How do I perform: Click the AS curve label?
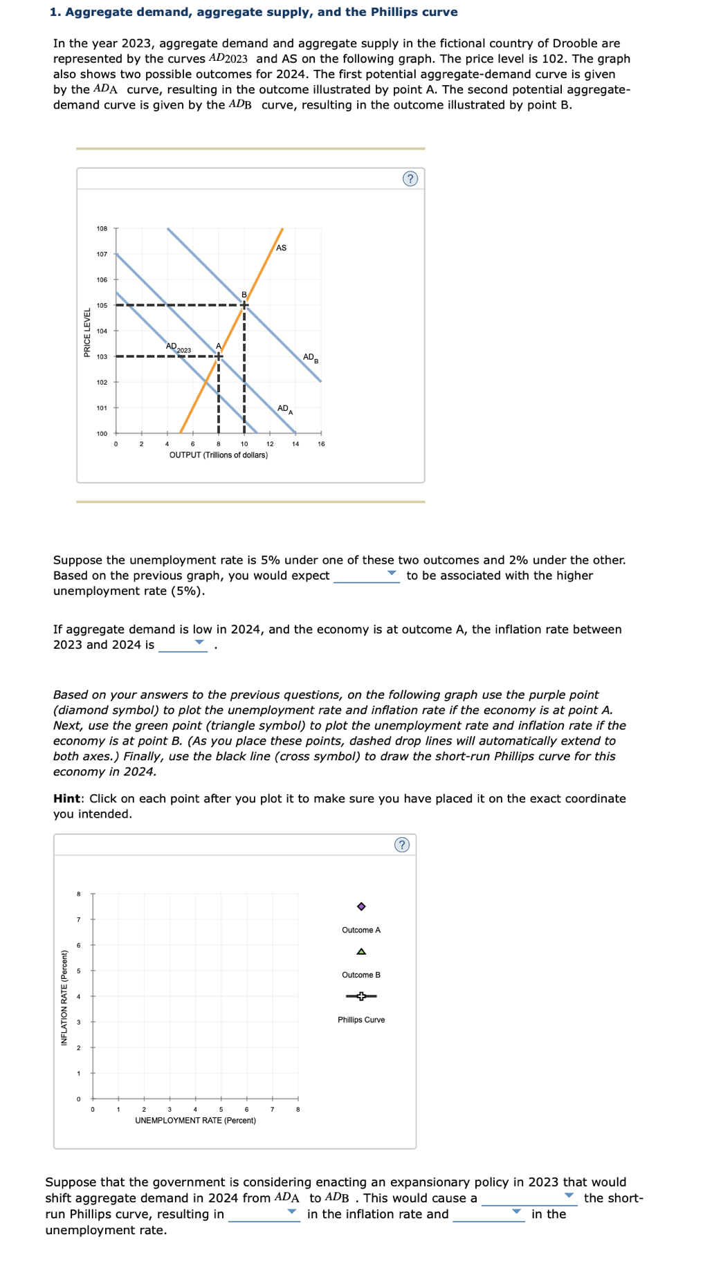[281, 248]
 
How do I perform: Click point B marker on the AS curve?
[244, 305]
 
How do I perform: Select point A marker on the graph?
[219, 356]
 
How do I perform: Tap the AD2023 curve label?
[178, 347]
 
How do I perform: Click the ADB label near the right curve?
[310, 358]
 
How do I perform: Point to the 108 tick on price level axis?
[102, 228]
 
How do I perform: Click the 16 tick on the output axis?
[321, 444]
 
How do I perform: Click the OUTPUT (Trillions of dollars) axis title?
[219, 455]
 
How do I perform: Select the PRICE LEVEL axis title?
[87, 333]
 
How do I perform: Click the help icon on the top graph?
[410, 179]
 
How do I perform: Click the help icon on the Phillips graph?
[401, 845]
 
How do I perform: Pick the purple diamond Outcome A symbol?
[361, 906]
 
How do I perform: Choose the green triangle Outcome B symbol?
[361, 951]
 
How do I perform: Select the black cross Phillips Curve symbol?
[361, 996]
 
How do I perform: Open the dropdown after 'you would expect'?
[366, 575]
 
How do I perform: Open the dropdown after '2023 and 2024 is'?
[183, 644]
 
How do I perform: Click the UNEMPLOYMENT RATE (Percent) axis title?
[195, 1120]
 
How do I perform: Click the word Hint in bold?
[67, 798]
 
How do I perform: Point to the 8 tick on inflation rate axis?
[78, 894]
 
